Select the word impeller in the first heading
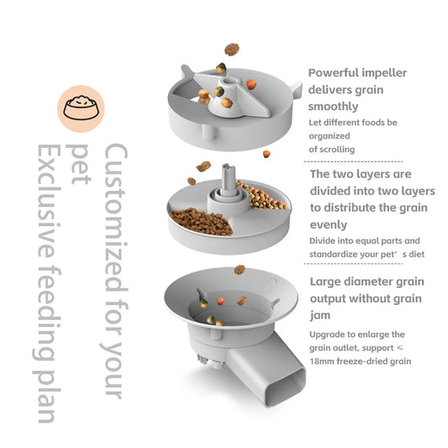tap(386, 73)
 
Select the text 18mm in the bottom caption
tap(324, 361)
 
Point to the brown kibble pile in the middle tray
tap(202, 222)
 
